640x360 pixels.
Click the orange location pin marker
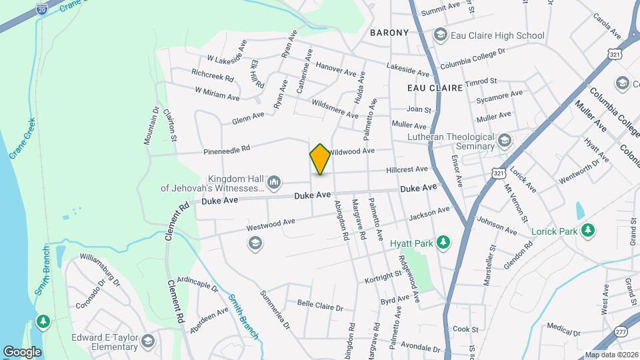320,159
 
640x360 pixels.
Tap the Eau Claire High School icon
439,34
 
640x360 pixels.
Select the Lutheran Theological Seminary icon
504,141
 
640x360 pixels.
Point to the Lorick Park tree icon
587,231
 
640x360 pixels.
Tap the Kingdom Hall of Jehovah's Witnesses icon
273,183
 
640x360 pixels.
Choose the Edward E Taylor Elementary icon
147,342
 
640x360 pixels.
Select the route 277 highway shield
621,331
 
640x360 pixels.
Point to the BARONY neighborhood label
389,32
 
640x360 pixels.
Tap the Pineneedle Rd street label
226,149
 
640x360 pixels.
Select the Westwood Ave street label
270,224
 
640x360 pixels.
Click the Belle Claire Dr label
320,306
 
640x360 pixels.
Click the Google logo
22,351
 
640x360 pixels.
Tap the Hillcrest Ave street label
407,169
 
